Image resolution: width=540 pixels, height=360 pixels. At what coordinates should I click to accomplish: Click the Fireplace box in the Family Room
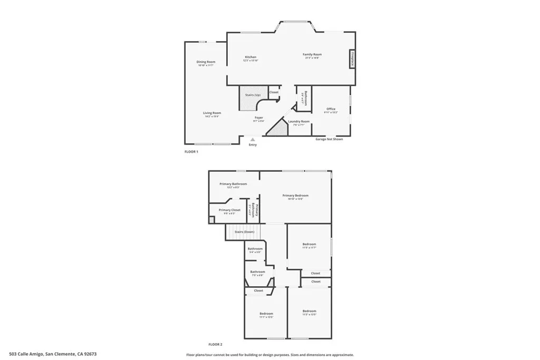point(352,59)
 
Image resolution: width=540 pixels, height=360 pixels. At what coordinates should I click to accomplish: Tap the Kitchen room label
point(250,57)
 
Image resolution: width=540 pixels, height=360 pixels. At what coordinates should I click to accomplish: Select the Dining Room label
point(206,62)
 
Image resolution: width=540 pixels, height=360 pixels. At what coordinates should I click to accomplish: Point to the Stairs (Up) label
point(253,95)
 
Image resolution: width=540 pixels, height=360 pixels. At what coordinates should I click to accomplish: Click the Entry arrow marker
point(253,140)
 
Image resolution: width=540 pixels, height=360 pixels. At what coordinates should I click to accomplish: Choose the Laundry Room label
point(298,122)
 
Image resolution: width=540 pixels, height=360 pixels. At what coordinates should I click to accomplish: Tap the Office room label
point(331,110)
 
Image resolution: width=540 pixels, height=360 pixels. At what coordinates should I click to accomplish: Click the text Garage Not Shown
point(329,139)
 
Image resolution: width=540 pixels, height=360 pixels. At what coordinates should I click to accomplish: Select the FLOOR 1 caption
point(191,152)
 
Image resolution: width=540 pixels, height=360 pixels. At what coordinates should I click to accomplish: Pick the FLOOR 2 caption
point(216,344)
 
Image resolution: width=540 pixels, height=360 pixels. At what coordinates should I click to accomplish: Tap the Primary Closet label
point(229,210)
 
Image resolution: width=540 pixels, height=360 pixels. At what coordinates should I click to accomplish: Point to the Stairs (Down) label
point(245,232)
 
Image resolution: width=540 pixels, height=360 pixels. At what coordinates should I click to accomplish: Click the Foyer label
point(259,118)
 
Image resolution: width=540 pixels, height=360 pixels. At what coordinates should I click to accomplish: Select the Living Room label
point(212,113)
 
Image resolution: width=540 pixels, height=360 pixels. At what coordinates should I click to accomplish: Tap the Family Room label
point(312,55)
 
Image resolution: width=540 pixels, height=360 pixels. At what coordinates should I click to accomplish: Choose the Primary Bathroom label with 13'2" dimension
point(233,184)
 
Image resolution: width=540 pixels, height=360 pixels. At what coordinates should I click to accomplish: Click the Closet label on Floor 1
point(274,92)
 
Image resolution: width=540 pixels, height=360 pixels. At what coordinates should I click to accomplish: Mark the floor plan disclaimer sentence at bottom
point(269,355)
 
